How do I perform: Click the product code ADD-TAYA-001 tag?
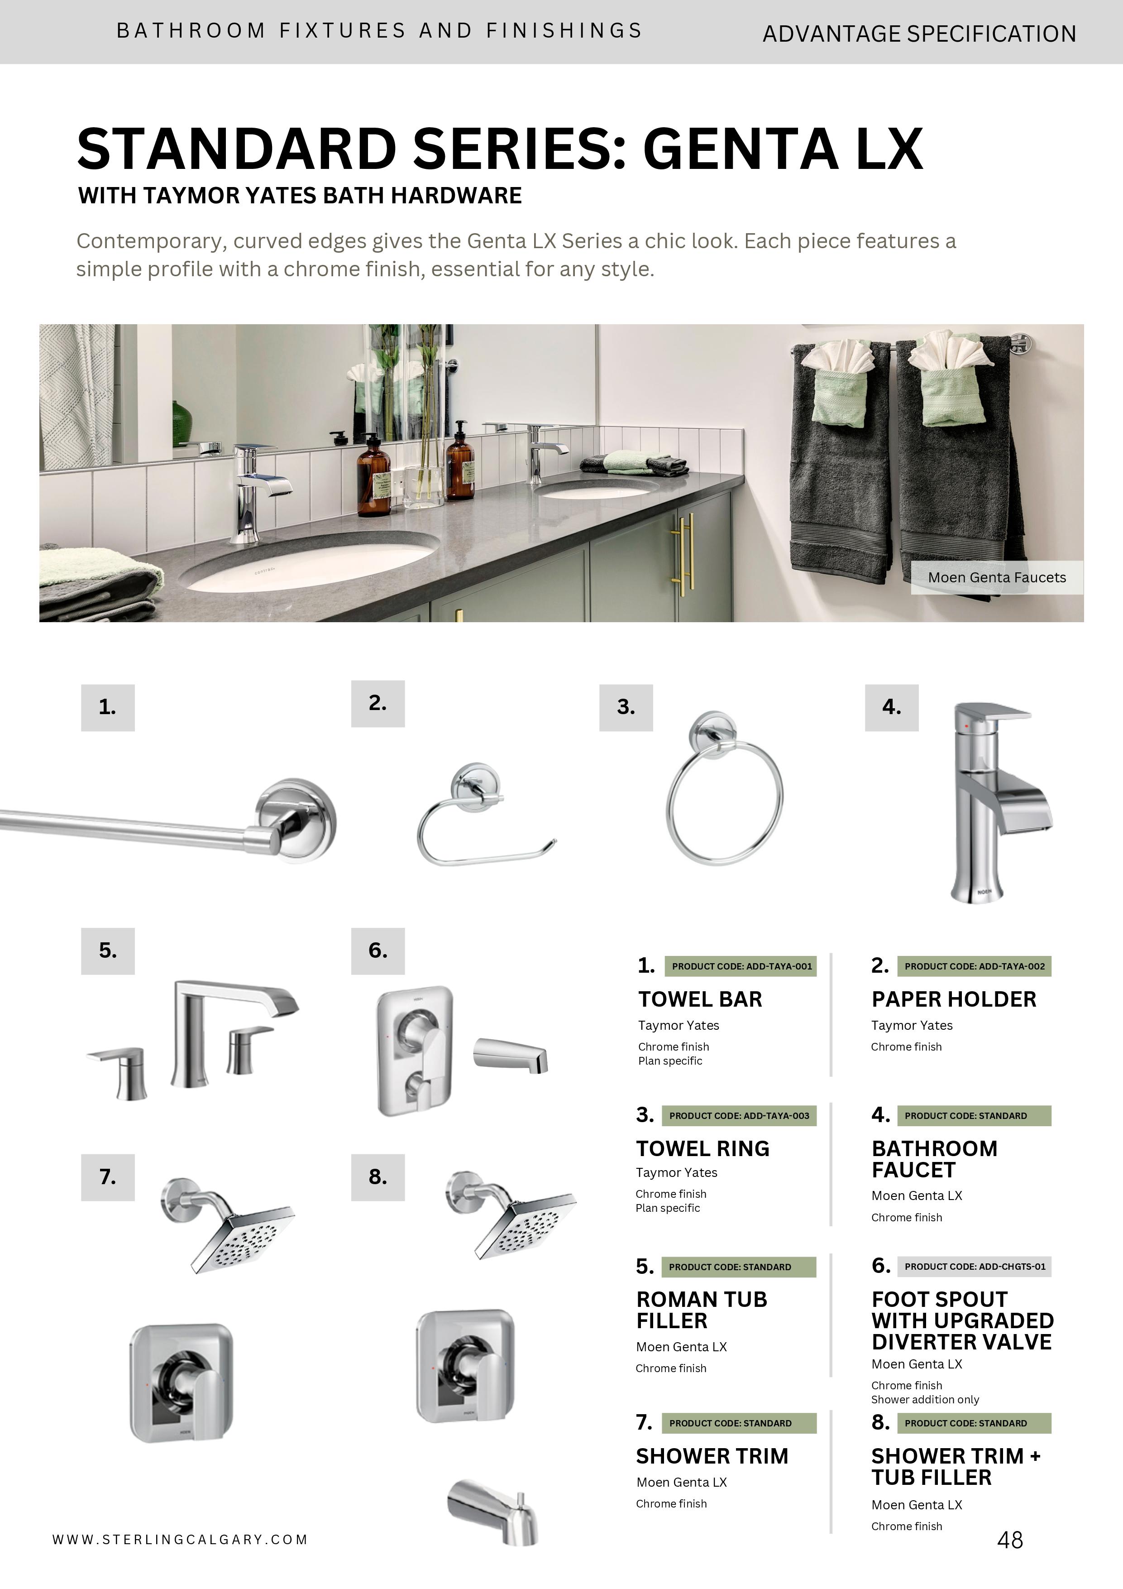click(x=741, y=966)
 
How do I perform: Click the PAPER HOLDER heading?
click(x=953, y=999)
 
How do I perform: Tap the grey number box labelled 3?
click(x=626, y=707)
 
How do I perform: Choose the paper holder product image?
click(x=484, y=816)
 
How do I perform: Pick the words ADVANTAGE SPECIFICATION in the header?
click(x=919, y=33)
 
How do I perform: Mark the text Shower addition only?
click(x=925, y=1399)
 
